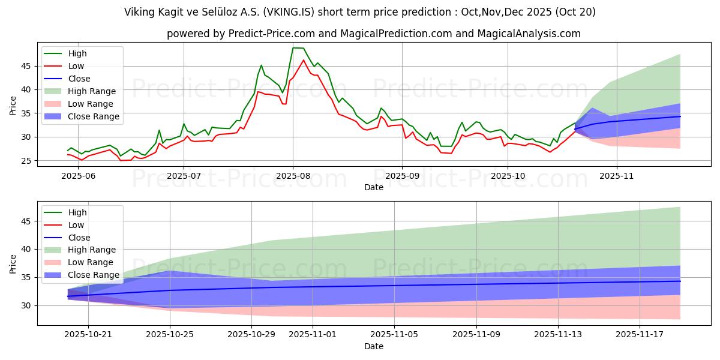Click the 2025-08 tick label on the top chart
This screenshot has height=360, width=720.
293,177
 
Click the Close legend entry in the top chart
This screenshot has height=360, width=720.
79,79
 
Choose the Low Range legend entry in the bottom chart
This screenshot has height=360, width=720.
90,262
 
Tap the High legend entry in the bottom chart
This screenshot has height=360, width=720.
77,212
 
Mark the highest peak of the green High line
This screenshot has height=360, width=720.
293,47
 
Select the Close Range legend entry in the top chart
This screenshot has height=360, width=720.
93,116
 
